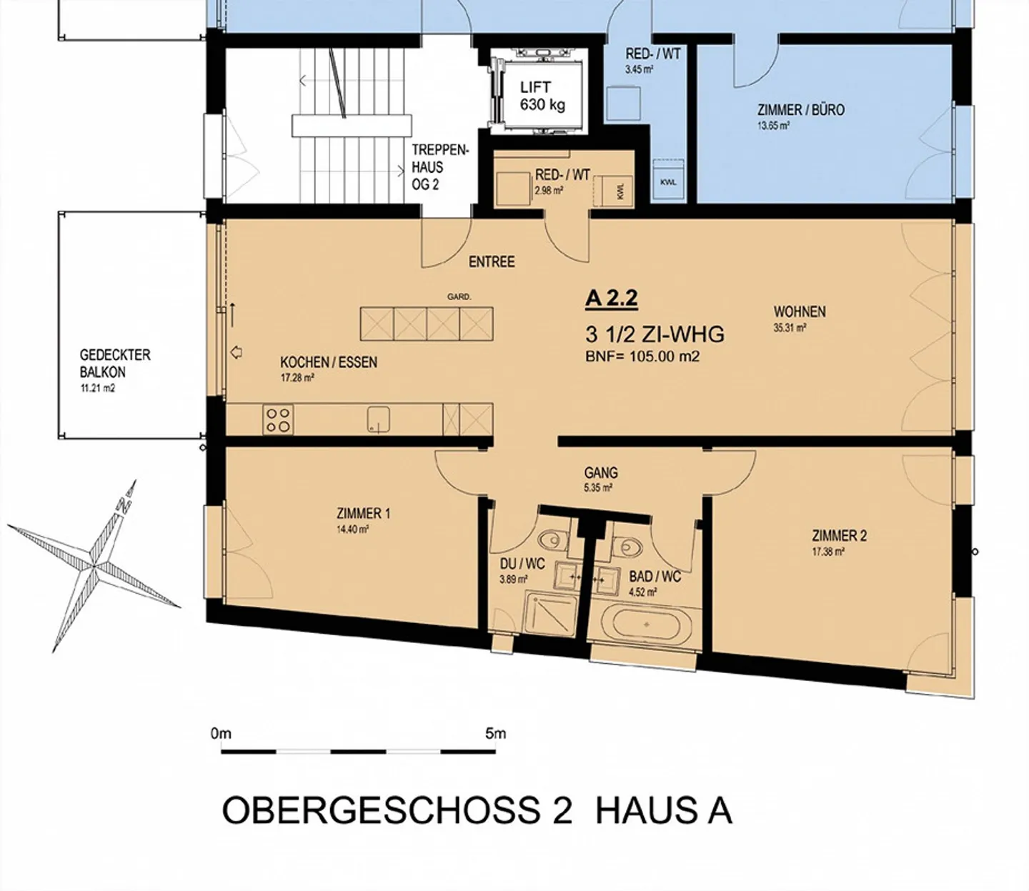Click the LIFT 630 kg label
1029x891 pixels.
pyautogui.click(x=542, y=96)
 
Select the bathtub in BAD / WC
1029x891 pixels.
pyautogui.click(x=646, y=624)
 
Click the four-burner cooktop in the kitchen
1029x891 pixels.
pyautogui.click(x=278, y=419)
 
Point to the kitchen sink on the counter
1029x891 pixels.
pyautogui.click(x=378, y=419)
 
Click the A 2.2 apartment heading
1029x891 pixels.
pyautogui.click(x=612, y=298)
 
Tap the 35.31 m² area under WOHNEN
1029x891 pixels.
pyautogui.click(x=790, y=328)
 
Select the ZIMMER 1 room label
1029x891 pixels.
pyautogui.click(x=364, y=513)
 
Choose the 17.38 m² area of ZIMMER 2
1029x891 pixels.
pyautogui.click(x=828, y=552)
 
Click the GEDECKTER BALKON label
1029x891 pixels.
pyautogui.click(x=115, y=364)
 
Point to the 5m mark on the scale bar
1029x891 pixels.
pyautogui.click(x=495, y=733)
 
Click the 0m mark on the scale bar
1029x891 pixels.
pyautogui.click(x=221, y=733)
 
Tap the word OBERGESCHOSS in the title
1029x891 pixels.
pyautogui.click(x=381, y=811)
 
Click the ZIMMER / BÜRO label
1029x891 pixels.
pyautogui.click(x=801, y=109)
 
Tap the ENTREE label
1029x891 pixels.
pyautogui.click(x=492, y=262)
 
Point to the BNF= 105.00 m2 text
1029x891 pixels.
pyautogui.click(x=642, y=357)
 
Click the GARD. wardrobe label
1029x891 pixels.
pyautogui.click(x=459, y=297)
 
